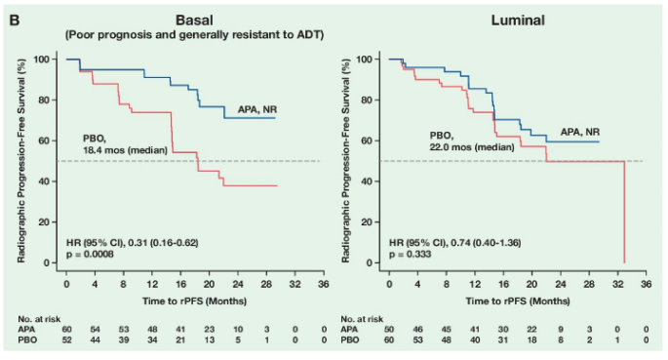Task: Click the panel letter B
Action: [15, 20]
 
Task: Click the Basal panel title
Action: [194, 20]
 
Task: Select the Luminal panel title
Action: [518, 20]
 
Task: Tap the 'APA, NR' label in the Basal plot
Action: [257, 109]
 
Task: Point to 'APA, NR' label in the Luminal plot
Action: [580, 132]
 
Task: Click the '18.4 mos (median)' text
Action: [125, 150]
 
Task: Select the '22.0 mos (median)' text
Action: [472, 147]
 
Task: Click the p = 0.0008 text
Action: [90, 255]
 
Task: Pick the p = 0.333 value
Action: [410, 255]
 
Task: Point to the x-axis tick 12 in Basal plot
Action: [152, 284]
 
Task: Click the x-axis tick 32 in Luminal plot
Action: [617, 284]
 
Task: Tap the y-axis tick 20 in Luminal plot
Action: [368, 222]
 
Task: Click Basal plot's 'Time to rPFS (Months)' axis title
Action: [194, 301]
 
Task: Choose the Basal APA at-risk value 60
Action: [66, 330]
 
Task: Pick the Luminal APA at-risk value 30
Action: [503, 330]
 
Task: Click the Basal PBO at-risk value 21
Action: [180, 340]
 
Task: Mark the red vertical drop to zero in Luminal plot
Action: [624, 212]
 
